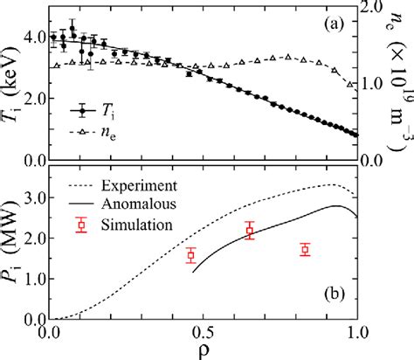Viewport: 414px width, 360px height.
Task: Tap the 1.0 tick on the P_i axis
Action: [31, 278]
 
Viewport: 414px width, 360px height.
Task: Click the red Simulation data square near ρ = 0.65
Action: [250, 231]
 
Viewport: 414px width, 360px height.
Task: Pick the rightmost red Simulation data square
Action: [305, 250]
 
